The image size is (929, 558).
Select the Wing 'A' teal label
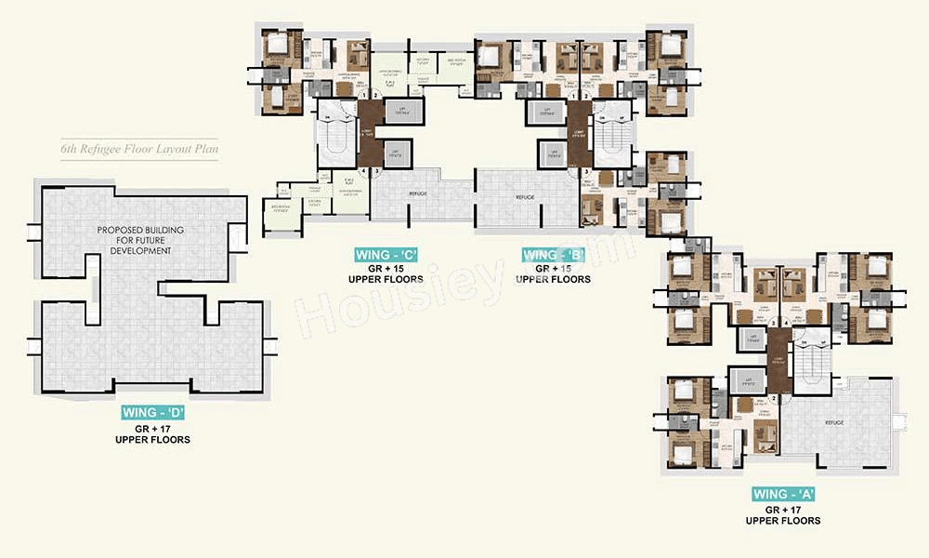pos(782,495)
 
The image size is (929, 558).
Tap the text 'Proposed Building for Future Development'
pos(139,240)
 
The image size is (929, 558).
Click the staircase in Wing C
pos(332,139)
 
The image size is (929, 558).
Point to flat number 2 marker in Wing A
pos(774,398)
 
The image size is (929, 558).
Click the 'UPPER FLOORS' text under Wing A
pos(782,521)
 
